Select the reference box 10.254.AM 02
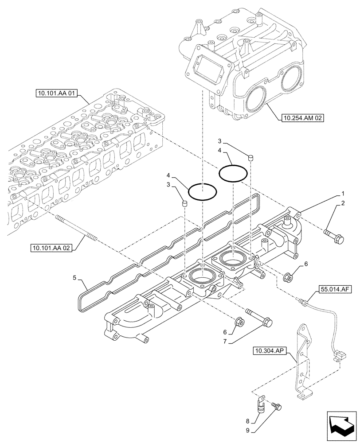(303, 118)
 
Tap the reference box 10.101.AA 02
(51, 248)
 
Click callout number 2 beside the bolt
(343, 203)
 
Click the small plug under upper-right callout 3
(250, 157)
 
